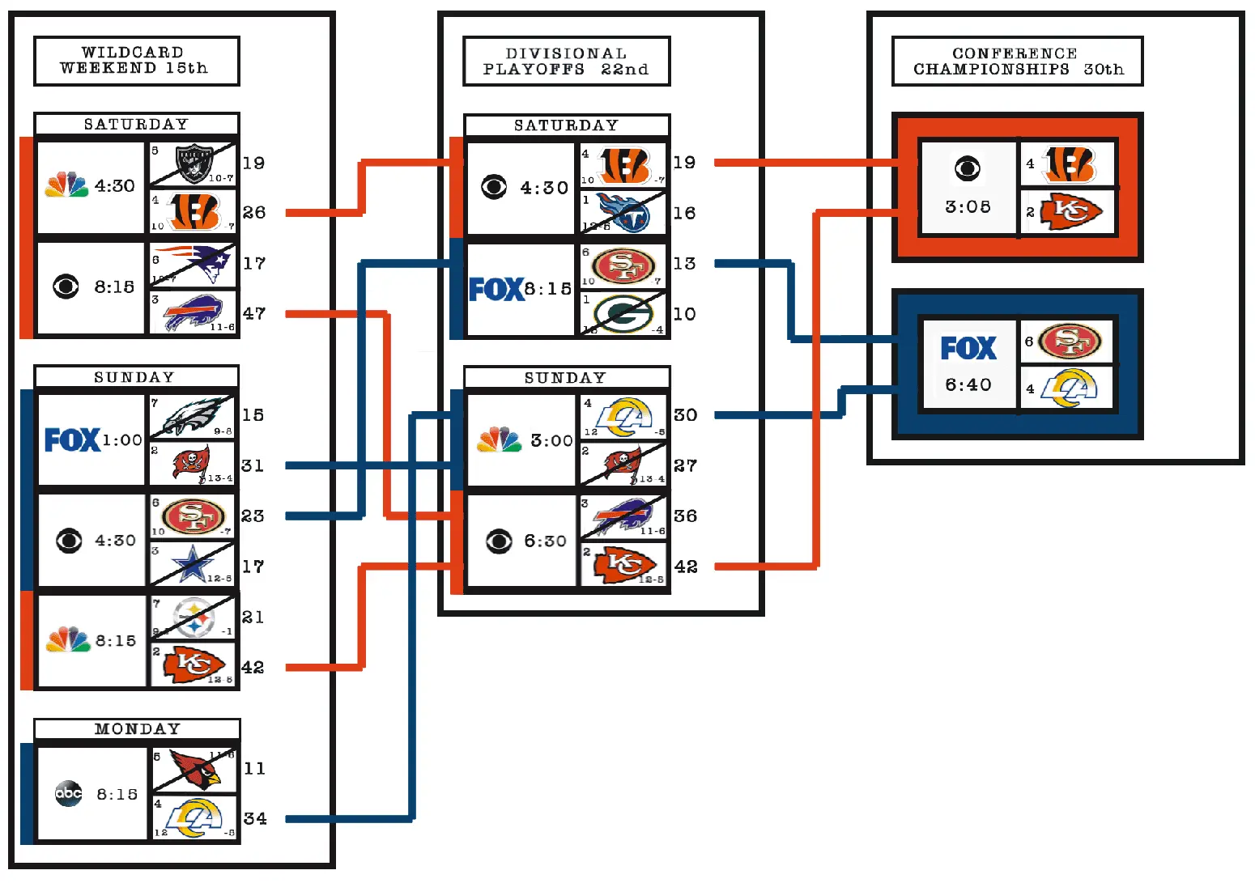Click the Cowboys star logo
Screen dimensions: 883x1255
coord(193,565)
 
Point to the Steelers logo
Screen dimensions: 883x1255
coord(194,618)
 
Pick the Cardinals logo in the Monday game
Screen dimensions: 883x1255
coord(195,770)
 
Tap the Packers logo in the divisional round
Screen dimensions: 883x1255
coord(623,314)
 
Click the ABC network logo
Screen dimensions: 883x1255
coord(69,793)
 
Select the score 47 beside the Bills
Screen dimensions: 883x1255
coord(254,313)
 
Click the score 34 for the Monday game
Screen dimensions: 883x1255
coord(255,818)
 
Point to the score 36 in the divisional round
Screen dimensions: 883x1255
coord(685,516)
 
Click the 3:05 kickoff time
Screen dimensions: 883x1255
coord(968,206)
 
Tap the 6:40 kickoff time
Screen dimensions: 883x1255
coord(968,384)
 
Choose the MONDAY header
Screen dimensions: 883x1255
coord(137,728)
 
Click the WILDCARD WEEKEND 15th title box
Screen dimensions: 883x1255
coord(136,61)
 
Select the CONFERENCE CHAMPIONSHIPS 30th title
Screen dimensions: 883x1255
coord(1017,61)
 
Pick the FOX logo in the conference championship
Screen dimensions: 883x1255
coord(968,348)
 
